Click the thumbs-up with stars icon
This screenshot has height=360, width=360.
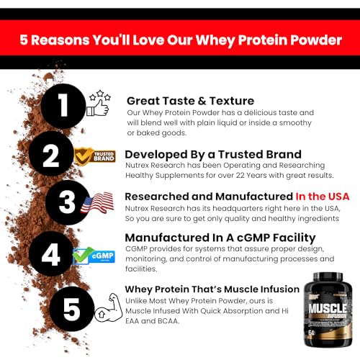click(98, 104)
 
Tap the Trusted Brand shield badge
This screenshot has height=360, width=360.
click(95, 156)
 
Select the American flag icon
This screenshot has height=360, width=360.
click(97, 204)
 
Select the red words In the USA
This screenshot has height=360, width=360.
click(323, 196)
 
